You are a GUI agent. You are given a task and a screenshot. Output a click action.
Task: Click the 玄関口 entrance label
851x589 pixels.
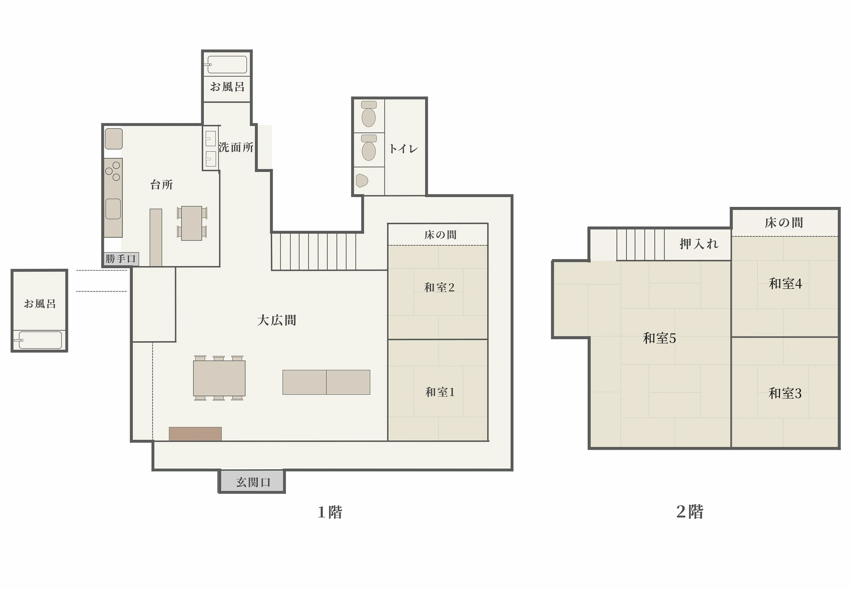click(253, 482)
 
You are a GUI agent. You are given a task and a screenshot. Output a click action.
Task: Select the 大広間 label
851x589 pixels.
click(276, 320)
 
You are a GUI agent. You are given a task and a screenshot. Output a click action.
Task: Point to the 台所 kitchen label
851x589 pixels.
click(161, 184)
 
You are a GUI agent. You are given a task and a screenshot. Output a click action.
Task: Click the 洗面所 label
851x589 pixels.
click(235, 147)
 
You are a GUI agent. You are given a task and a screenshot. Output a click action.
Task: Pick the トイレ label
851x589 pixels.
click(403, 149)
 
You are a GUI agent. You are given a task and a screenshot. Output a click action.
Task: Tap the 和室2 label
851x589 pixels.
click(439, 287)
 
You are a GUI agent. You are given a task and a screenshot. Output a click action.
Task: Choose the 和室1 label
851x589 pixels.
click(440, 392)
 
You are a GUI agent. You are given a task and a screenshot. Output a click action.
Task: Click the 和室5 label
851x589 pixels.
click(659, 338)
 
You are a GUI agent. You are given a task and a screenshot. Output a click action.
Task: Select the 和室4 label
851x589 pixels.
click(785, 284)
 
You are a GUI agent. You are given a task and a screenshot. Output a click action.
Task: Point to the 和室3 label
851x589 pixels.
click(784, 394)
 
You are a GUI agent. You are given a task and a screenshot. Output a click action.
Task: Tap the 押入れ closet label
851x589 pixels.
click(699, 244)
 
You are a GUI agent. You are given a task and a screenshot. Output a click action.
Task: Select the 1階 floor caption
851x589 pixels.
click(330, 512)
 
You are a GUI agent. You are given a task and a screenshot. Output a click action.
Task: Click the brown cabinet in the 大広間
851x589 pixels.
click(195, 434)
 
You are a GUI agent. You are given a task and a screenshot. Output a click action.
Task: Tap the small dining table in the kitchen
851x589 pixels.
click(192, 223)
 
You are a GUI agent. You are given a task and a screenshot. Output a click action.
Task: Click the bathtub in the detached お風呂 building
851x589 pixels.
click(40, 340)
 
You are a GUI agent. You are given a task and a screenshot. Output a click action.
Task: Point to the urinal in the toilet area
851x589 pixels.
click(362, 181)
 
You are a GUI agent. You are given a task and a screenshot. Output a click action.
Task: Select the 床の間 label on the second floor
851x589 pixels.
click(783, 222)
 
